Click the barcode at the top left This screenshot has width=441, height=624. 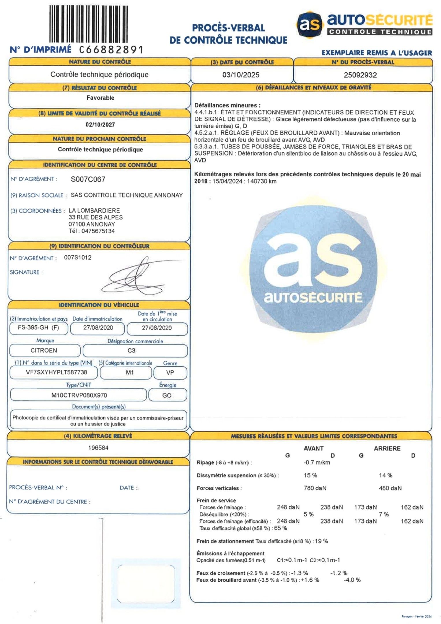(88, 24)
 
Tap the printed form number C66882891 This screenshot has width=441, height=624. (111, 50)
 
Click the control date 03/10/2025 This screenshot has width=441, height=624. (241, 75)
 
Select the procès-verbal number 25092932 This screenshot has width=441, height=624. (360, 75)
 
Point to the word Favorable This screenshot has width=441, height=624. (100, 98)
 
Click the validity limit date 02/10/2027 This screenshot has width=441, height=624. (100, 125)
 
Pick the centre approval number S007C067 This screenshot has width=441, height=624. (88, 179)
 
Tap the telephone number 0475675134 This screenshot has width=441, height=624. (98, 231)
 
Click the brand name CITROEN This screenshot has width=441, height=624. (44, 350)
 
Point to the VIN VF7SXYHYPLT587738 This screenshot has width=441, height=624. (56, 372)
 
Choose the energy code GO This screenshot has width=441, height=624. (167, 395)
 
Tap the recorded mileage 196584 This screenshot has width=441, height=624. (98, 448)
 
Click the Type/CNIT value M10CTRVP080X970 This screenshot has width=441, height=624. (79, 395)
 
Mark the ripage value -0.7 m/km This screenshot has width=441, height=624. (317, 463)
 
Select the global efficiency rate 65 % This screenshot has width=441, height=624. (280, 528)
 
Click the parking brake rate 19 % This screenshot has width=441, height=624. (321, 541)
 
